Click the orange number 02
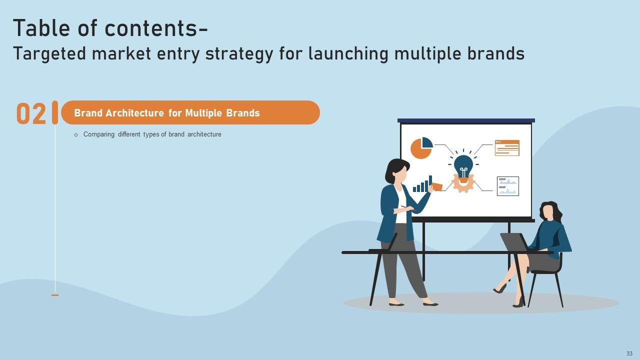point(31,113)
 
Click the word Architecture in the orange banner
point(134,113)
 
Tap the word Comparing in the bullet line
point(99,134)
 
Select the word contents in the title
point(151,28)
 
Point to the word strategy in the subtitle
point(239,54)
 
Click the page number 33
point(629,353)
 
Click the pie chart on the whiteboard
point(421,148)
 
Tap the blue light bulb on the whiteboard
point(463,167)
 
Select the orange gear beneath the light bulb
point(463,183)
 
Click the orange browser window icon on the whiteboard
point(507,148)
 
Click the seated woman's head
point(549,211)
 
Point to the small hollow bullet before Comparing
point(76,135)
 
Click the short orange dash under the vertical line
point(55,295)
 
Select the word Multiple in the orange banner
point(203,113)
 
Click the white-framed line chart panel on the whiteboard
point(508,186)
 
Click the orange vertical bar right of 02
point(55,112)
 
